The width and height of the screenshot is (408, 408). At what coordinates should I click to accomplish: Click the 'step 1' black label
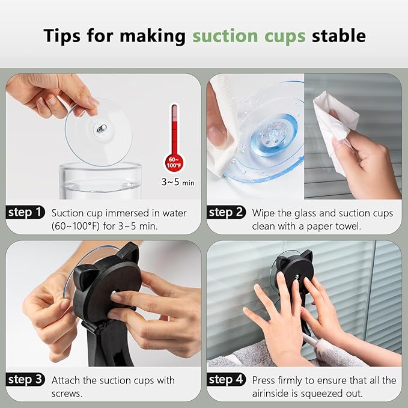click(25, 212)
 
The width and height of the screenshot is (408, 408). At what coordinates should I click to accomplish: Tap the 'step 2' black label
click(226, 212)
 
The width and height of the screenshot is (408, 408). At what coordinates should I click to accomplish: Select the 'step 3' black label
click(25, 379)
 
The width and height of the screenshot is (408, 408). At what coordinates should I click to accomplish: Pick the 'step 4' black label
click(226, 379)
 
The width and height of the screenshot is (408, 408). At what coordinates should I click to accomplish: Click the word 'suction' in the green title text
click(225, 35)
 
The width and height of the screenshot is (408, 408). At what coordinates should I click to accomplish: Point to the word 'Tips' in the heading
click(62, 35)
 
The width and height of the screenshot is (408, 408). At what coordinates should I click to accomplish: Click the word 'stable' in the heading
click(339, 35)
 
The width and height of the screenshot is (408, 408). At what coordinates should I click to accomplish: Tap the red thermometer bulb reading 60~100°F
click(174, 163)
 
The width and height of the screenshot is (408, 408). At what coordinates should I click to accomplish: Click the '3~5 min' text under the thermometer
click(178, 182)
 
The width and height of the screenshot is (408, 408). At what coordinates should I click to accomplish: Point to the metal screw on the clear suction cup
click(101, 128)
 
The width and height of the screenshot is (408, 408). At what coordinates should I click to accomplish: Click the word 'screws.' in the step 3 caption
click(67, 394)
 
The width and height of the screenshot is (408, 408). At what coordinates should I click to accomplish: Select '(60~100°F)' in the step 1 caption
click(76, 226)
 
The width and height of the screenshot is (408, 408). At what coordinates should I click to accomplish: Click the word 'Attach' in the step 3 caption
click(66, 380)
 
